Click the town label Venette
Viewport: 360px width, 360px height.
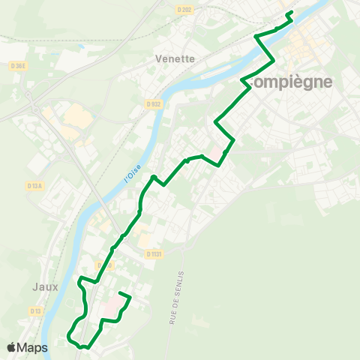click(x=174, y=58)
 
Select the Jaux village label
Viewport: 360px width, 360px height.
click(x=45, y=286)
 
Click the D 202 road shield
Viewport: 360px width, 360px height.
click(x=185, y=9)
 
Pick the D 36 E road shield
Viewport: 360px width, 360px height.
click(x=19, y=65)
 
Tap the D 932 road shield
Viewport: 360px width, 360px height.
click(x=154, y=103)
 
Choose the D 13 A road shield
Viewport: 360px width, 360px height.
click(x=34, y=185)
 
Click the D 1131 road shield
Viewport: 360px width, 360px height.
click(x=154, y=254)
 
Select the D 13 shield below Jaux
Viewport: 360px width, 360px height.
click(x=35, y=310)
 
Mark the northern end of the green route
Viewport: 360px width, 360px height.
click(x=289, y=12)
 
